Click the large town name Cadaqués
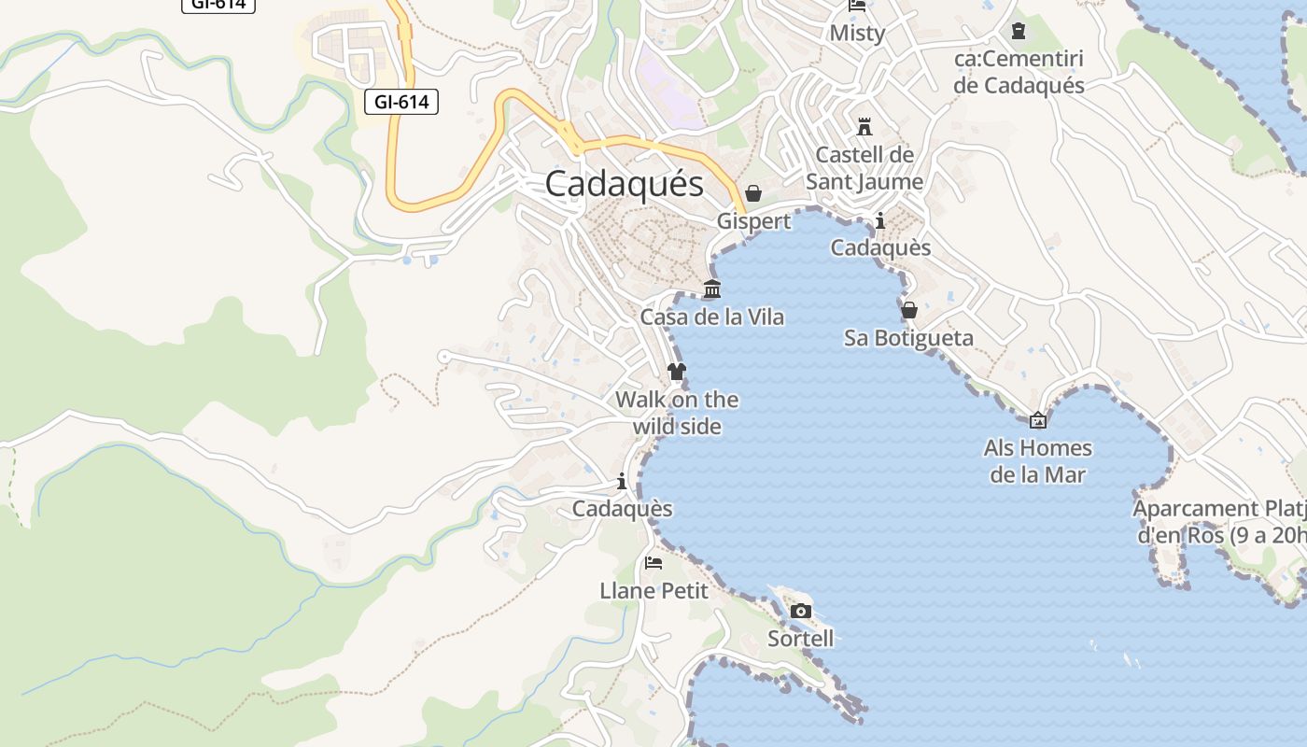[x=624, y=184]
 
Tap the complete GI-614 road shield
[x=401, y=102]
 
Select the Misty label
[x=857, y=34]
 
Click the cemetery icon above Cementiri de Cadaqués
[x=1019, y=31]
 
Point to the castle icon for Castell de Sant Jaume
[x=864, y=126]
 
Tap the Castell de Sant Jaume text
[x=864, y=168]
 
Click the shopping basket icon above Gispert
[x=752, y=193]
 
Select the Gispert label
[x=753, y=221]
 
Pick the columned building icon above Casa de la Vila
[x=712, y=289]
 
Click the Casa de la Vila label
[x=712, y=317]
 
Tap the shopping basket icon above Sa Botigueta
[x=909, y=310]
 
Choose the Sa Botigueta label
[x=908, y=338]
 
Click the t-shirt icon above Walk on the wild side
[x=677, y=372]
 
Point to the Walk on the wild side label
[x=677, y=413]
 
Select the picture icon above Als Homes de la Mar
[x=1037, y=420]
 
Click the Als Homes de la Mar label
[x=1037, y=461]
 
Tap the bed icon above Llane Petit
[x=653, y=563]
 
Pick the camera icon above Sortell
[x=800, y=612]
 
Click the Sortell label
[x=800, y=639]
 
